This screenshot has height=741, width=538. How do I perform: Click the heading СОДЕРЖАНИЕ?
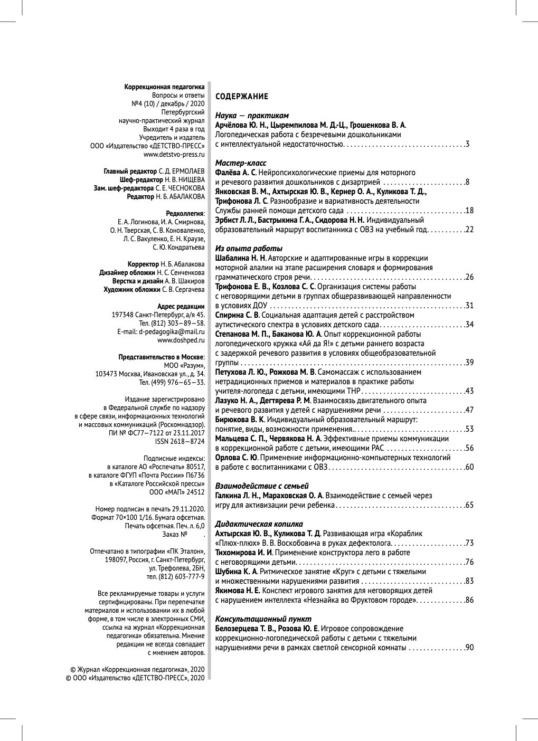[x=242, y=97]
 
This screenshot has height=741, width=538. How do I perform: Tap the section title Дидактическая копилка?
[x=259, y=524]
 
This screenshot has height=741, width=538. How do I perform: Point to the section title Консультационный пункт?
[x=263, y=619]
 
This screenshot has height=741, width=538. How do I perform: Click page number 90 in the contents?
[x=469, y=648]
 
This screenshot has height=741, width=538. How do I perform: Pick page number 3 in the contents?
[x=467, y=144]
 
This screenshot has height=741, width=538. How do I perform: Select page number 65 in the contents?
[x=469, y=505]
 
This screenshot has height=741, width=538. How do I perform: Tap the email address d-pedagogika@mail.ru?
[x=171, y=331]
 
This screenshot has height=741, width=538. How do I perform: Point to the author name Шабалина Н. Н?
[x=240, y=258]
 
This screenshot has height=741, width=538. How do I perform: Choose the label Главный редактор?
[x=131, y=172]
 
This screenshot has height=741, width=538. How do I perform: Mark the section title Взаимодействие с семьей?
[x=262, y=486]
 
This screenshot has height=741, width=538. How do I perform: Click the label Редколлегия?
[x=185, y=213]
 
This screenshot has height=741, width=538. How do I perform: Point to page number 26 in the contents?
[x=469, y=277]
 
